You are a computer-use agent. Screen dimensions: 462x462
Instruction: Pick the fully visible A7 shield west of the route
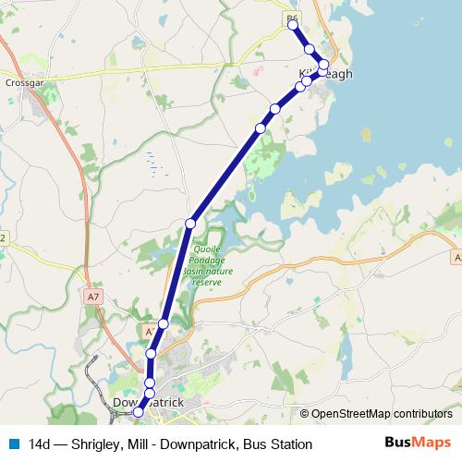(x=91, y=298)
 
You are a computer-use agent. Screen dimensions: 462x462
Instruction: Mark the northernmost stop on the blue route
(x=294, y=26)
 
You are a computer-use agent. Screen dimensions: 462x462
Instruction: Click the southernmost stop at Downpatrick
(x=139, y=412)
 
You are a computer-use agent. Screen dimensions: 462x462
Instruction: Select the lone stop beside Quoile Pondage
(x=190, y=223)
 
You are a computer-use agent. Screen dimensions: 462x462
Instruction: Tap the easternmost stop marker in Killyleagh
(x=324, y=65)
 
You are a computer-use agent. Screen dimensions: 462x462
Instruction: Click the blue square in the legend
(x=13, y=444)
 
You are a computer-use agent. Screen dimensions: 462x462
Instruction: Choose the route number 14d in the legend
(x=40, y=444)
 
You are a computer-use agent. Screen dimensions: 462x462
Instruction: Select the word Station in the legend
(x=291, y=444)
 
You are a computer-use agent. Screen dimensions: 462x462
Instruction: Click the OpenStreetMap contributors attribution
(x=382, y=413)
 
